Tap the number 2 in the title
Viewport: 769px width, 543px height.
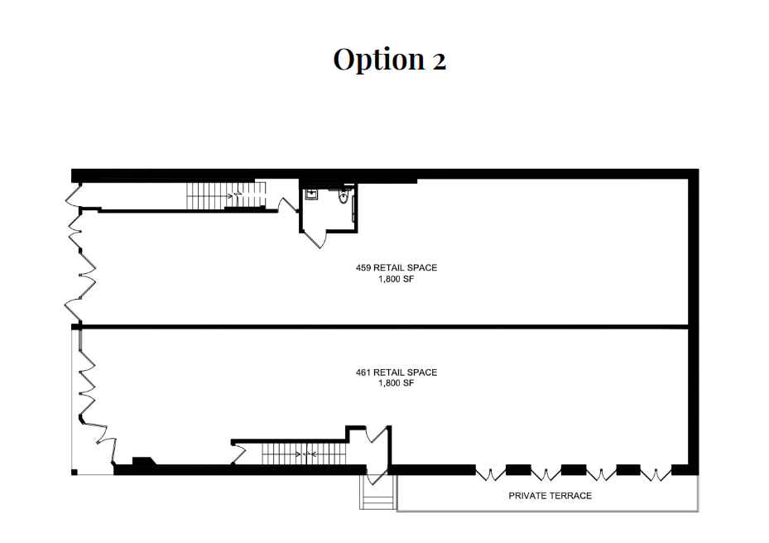[x=439, y=60]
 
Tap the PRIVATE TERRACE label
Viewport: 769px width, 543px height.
[x=550, y=497]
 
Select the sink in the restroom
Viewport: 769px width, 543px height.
[x=311, y=195]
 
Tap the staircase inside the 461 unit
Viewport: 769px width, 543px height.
[x=303, y=454]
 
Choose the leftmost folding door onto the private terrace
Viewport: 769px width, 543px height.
[x=492, y=474]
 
